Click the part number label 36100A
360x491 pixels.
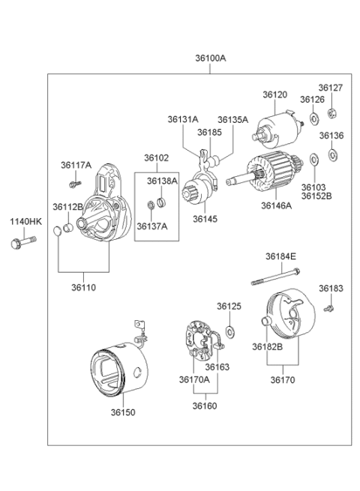211,58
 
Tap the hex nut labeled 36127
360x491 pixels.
331,112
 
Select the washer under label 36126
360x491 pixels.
313,118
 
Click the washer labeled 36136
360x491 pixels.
332,154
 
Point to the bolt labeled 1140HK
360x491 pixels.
23,242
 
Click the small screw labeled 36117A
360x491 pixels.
75,184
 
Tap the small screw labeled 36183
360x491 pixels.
329,308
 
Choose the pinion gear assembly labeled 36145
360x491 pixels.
199,181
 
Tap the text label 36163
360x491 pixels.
217,367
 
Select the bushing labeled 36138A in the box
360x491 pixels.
162,202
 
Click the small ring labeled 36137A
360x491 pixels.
151,205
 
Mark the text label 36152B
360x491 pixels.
316,196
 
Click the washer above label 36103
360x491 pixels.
313,160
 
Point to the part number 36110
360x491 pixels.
83,287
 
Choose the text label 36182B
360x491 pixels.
267,346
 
